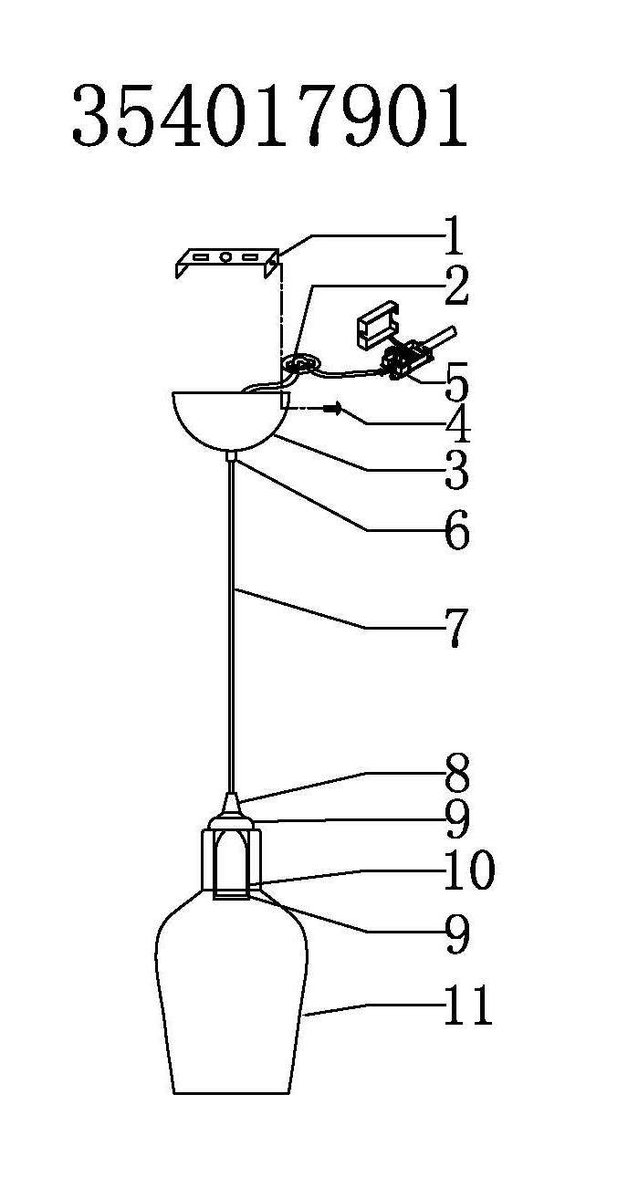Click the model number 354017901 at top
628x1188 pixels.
270,116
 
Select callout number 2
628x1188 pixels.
456,287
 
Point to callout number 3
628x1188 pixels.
456,470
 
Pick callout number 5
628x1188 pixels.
457,381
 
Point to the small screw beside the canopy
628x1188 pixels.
332,409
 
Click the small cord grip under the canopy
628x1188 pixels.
232,455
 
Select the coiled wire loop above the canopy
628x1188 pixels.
300,365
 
